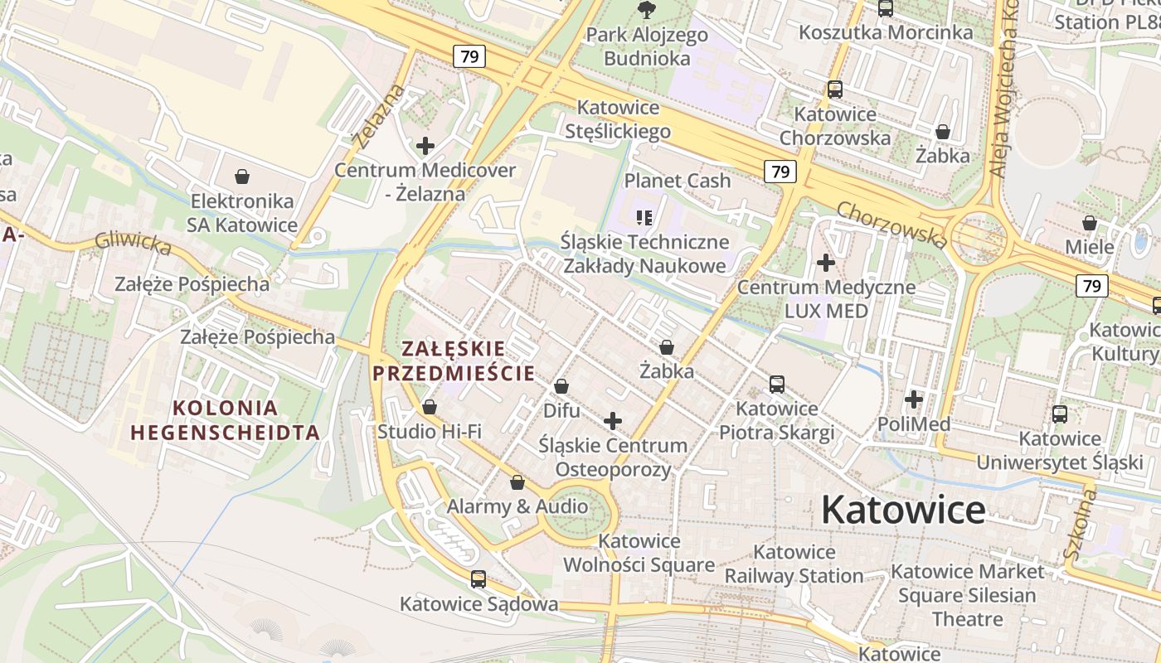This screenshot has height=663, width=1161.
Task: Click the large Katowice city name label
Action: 903,510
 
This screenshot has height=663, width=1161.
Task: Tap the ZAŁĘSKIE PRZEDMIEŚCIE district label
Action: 453,361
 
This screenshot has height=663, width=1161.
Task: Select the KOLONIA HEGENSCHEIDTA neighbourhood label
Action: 225,420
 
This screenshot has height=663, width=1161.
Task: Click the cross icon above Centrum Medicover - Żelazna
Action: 425,146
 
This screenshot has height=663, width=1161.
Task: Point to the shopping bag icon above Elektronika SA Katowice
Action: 242,177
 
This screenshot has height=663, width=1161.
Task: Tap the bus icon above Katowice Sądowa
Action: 478,578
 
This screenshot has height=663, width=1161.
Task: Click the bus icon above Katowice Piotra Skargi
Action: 777,384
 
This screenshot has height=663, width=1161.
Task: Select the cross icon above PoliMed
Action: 914,399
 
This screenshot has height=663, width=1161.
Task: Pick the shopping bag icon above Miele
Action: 1090,223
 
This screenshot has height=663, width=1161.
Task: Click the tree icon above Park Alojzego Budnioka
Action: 646,10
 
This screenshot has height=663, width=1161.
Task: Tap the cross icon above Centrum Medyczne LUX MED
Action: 826,263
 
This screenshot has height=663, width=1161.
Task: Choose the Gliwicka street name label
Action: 133,243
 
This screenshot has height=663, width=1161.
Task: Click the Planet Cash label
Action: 678,181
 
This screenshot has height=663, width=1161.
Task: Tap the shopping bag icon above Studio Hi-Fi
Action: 430,407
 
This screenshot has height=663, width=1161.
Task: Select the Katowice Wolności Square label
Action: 639,553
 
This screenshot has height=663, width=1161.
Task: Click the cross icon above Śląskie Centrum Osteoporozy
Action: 613,421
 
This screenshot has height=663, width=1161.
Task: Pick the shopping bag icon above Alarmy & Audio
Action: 517,482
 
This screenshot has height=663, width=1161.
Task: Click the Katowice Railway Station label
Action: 794,564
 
